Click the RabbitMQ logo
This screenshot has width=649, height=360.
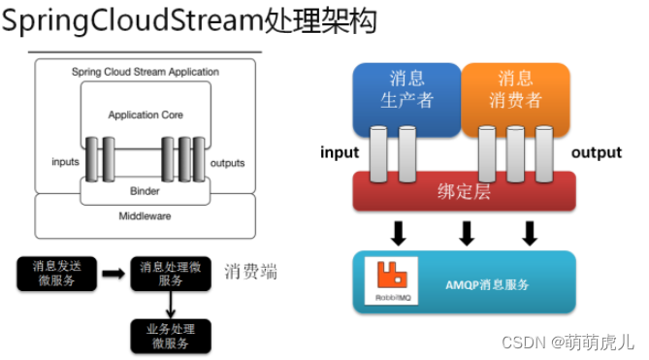[390, 281]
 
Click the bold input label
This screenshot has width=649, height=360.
[341, 153]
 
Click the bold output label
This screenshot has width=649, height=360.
[596, 153]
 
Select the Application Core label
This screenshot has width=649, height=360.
[146, 115]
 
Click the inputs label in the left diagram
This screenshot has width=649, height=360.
[65, 162]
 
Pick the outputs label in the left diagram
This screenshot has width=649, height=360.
[227, 162]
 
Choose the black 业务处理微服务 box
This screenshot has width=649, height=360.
[171, 336]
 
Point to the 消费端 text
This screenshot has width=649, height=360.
[250, 273]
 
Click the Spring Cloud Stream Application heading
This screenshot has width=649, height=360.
[146, 72]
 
